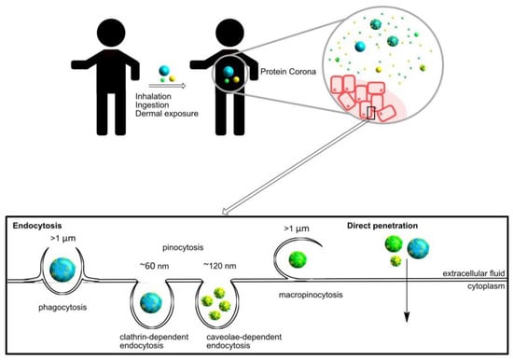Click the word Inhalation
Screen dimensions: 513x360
[153, 97]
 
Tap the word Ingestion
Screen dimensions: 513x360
[152, 105]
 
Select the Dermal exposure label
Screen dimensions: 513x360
[167, 114]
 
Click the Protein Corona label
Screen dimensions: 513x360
[288, 72]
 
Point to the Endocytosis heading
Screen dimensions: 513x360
[37, 226]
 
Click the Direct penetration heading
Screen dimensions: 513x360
[382, 226]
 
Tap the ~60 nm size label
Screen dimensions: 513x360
[155, 266]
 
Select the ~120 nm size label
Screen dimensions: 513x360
[220, 266]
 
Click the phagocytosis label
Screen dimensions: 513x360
[62, 308]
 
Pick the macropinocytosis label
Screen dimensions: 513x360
[311, 295]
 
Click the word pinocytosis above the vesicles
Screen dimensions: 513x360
[183, 247]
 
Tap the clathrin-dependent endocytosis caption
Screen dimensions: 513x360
[154, 341]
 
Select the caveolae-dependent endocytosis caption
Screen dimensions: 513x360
[244, 341]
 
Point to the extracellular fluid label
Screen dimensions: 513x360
[474, 273]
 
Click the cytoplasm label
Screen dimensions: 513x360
[486, 286]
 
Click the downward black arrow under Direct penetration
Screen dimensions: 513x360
[407, 291]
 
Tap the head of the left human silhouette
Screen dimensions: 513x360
[111, 33]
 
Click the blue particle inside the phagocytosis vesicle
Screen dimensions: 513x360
[62, 270]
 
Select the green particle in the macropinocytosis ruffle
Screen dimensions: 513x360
[298, 259]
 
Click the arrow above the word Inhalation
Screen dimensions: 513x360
[167, 86]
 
